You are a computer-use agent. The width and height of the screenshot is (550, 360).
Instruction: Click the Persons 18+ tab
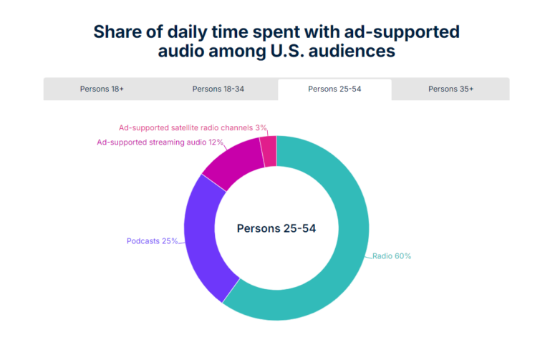coord(102,89)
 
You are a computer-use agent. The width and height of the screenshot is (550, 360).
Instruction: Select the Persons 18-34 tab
coord(219,89)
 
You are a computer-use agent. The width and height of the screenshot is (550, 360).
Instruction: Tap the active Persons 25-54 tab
coord(334,89)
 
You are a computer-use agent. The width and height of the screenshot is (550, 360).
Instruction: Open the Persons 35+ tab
coord(450,89)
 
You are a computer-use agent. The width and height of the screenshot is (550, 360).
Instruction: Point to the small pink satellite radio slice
coord(269,150)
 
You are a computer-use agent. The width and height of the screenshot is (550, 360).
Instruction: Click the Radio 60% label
coord(392,256)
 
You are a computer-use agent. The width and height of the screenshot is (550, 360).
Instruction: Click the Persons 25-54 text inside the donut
coord(276,229)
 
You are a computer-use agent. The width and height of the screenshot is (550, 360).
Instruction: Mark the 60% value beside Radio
coord(402,256)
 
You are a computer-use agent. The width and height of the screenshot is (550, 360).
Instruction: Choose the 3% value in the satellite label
coord(261,128)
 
